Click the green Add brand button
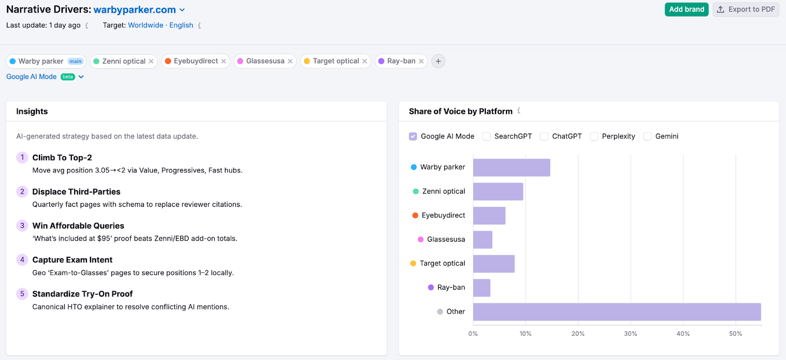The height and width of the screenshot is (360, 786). click(x=686, y=9)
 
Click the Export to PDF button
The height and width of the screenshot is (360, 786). click(x=746, y=9)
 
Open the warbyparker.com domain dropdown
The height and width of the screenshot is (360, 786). click(x=182, y=10)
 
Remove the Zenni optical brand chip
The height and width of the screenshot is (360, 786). click(x=151, y=61)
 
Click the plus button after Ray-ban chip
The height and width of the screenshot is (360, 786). click(x=438, y=61)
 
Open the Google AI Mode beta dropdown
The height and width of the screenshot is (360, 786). click(x=81, y=77)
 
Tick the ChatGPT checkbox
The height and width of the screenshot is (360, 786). click(x=544, y=137)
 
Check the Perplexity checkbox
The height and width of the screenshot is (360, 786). click(x=594, y=137)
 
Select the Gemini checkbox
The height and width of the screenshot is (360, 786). click(x=647, y=137)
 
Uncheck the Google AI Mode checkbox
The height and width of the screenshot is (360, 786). click(x=413, y=137)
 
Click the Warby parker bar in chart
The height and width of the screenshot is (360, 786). click(x=511, y=167)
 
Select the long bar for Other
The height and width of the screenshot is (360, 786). click(x=617, y=312)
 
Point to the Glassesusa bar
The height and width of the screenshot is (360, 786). click(x=482, y=240)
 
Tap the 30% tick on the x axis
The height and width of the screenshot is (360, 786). click(x=630, y=333)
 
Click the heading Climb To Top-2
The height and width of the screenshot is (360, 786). click(x=62, y=158)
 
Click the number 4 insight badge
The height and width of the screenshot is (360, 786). click(x=22, y=260)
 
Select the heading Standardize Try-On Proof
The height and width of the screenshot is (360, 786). click(x=83, y=294)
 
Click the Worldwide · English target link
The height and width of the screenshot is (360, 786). click(x=160, y=25)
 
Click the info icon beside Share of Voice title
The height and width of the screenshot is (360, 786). click(x=519, y=111)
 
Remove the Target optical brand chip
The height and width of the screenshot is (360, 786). click(x=365, y=61)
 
